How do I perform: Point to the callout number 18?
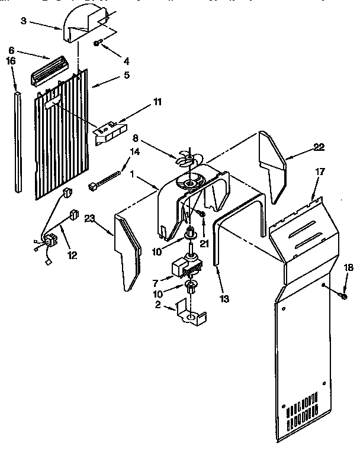[x=348, y=268]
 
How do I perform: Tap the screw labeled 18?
[x=343, y=294]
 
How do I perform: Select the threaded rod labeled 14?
[x=105, y=180]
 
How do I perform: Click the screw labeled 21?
[x=202, y=211]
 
